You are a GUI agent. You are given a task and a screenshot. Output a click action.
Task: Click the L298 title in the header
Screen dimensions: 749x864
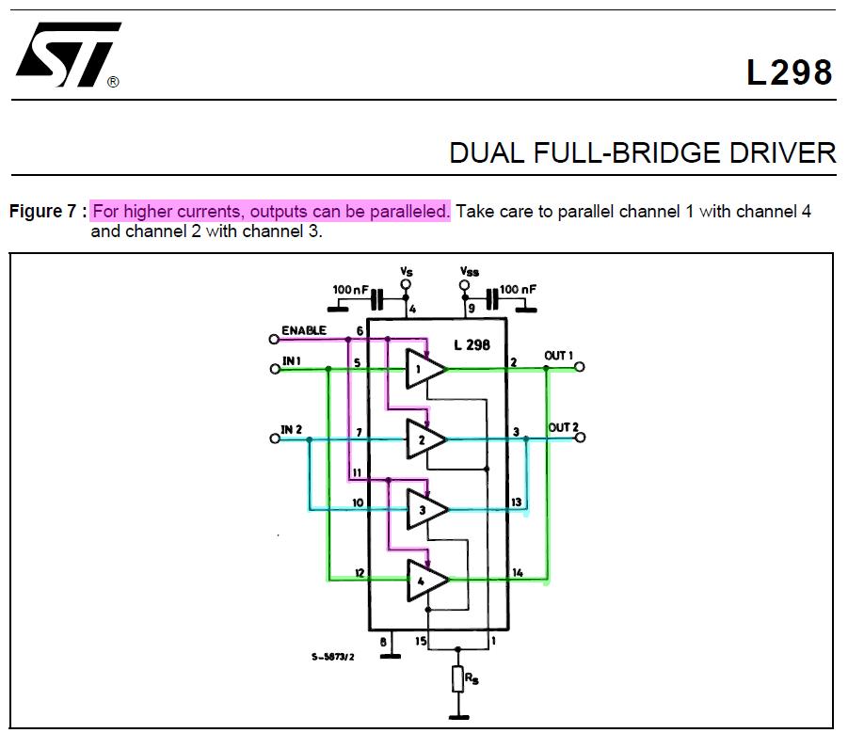(x=790, y=72)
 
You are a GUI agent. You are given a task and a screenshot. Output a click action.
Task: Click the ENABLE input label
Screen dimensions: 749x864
(x=303, y=331)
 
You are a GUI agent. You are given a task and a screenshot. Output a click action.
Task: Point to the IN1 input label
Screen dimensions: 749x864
(x=291, y=360)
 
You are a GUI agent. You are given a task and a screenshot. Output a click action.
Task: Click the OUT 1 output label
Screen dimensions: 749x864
(x=558, y=356)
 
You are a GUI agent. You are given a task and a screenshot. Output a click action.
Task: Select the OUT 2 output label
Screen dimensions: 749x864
(x=563, y=427)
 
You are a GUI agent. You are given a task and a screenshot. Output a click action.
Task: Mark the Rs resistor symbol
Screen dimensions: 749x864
(x=458, y=679)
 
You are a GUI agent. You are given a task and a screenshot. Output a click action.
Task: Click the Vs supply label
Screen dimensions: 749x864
(x=407, y=271)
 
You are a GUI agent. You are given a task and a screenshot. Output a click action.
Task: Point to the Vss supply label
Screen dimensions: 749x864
(x=469, y=271)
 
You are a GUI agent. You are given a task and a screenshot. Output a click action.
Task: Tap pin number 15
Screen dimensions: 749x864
(x=421, y=642)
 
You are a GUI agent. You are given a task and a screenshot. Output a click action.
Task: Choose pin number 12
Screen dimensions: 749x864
(x=360, y=573)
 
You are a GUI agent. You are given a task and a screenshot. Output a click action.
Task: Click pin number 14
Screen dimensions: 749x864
(x=517, y=573)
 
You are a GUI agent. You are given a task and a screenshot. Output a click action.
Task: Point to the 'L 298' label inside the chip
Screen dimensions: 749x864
(x=472, y=345)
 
